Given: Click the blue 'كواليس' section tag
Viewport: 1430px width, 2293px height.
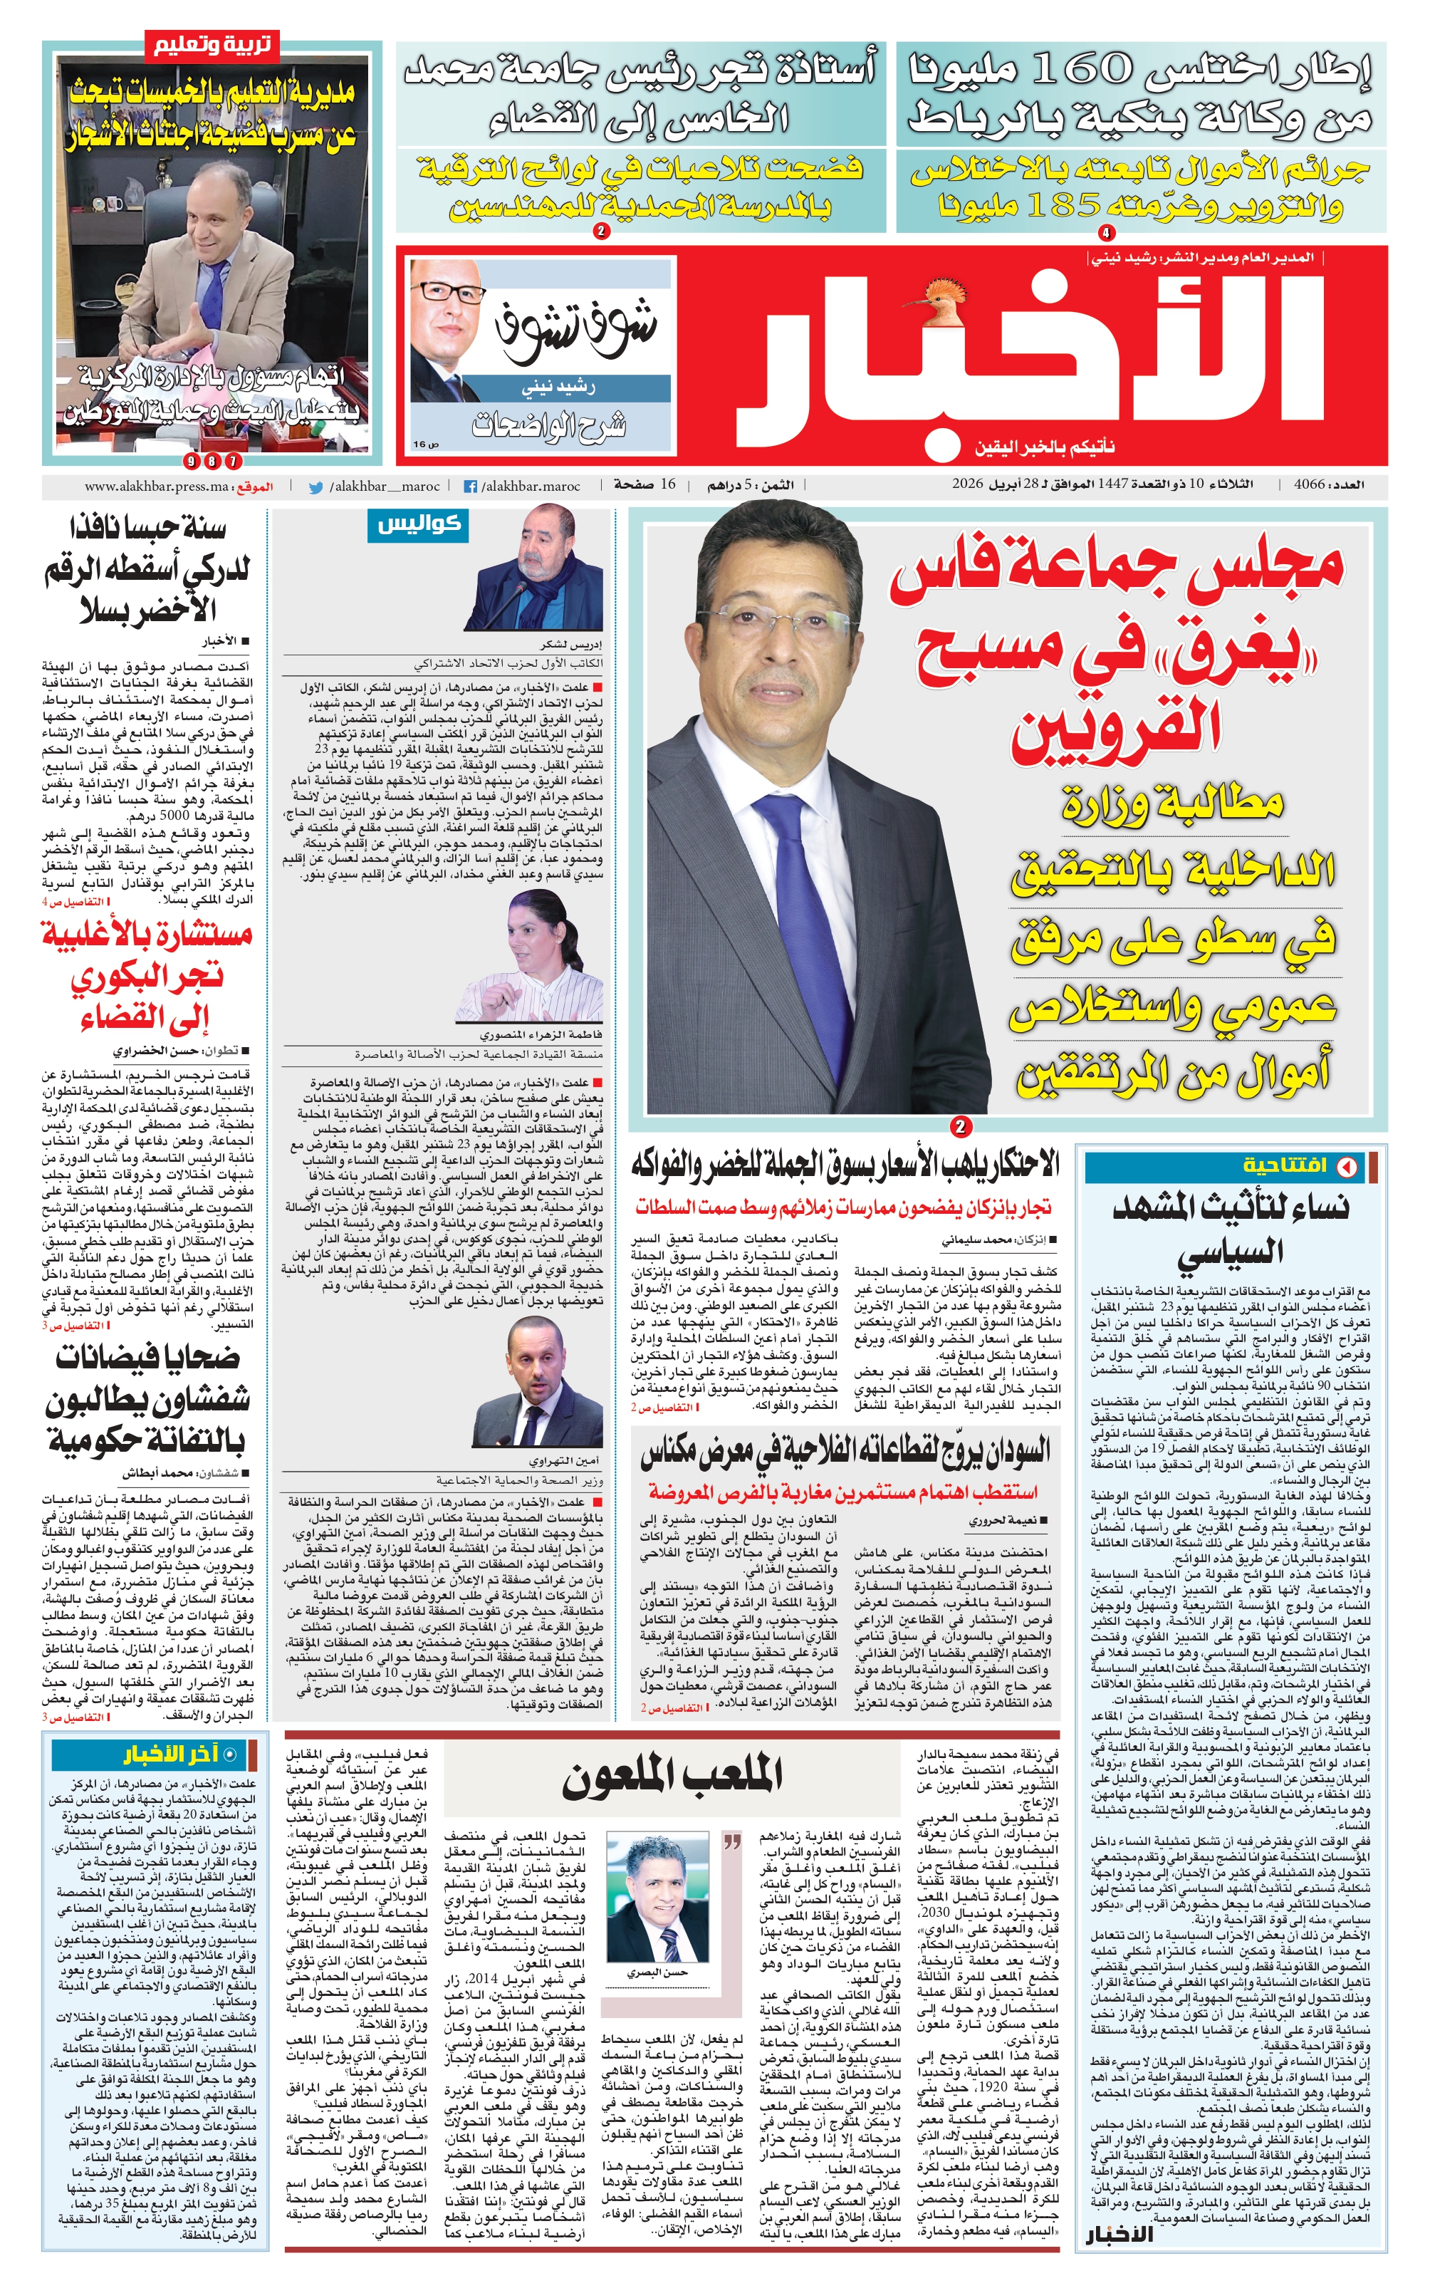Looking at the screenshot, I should click(x=418, y=525).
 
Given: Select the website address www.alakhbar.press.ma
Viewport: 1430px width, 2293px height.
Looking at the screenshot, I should click(x=156, y=487).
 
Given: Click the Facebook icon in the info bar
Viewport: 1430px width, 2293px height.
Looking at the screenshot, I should click(x=469, y=487).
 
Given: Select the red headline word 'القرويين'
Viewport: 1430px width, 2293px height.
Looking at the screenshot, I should click(x=1116, y=727).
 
